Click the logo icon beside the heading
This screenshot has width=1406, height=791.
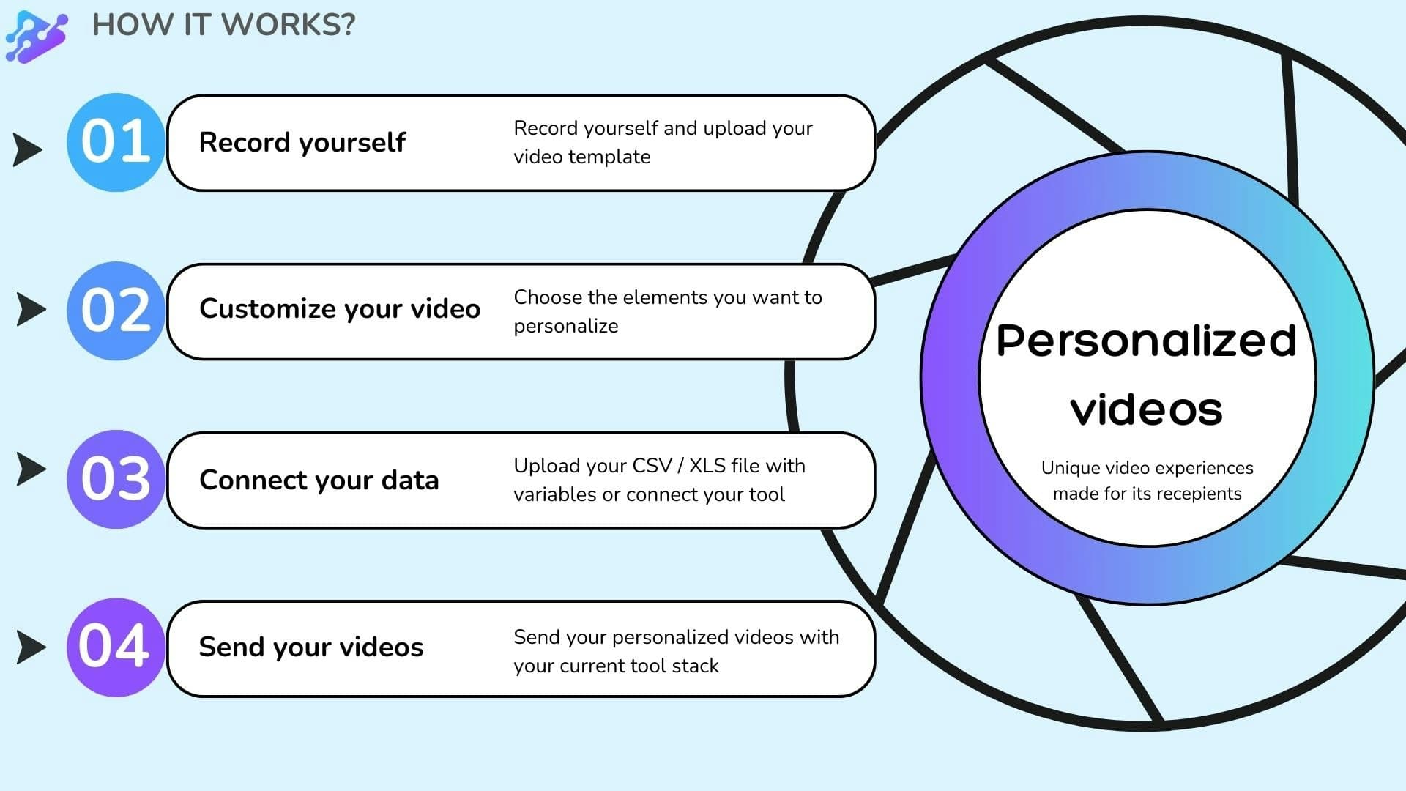36,37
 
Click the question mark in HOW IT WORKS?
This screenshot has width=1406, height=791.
343,25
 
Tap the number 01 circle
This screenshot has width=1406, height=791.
116,142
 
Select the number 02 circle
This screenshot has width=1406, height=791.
116,311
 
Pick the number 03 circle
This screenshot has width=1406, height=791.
116,479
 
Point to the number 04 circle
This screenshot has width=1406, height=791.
116,647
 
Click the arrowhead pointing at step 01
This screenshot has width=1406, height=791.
28,149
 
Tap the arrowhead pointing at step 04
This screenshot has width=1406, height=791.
31,647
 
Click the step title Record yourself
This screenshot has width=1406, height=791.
302,142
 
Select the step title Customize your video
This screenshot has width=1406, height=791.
340,309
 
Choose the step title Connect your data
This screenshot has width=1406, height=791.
319,480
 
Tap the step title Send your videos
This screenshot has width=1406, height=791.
311,647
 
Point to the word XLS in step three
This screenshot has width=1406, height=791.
707,466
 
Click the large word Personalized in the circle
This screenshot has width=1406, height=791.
1146,341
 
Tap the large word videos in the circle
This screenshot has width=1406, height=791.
1146,410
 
